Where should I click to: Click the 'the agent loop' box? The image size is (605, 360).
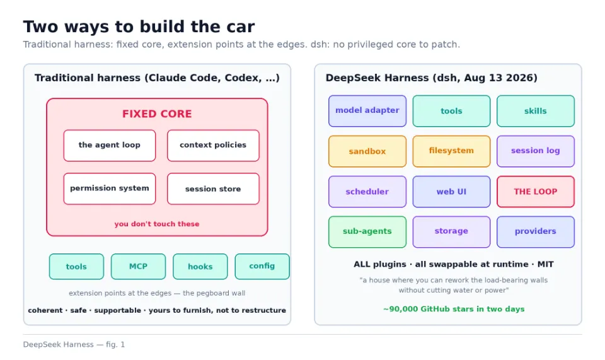coord(110,146)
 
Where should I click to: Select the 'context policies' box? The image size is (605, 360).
coord(213,146)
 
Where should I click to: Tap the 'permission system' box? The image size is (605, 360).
coord(110,189)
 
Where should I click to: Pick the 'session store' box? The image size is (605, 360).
coord(213,189)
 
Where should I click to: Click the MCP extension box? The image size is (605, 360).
coord(138,266)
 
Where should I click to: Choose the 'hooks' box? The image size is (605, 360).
coord(200,266)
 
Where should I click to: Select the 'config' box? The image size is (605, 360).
coord(262,266)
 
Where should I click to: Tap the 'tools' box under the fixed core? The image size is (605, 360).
coord(76,266)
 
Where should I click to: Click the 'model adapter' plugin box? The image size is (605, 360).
coord(367,111)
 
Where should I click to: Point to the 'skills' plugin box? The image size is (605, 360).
coord(536,111)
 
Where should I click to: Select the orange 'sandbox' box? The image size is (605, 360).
coord(367,151)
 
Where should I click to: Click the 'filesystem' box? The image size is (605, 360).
coord(451,151)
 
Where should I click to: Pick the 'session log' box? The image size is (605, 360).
coord(536,151)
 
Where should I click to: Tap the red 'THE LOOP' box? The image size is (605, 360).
coord(536,192)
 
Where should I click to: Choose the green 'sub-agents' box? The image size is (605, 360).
coord(367,232)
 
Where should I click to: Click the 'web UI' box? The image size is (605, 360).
coord(451,192)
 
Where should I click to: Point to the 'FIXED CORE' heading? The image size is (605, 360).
coord(157,114)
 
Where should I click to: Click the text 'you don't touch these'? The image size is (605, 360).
coord(157,224)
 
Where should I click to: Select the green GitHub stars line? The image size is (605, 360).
coord(454,309)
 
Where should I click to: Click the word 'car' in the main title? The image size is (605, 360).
coord(240,27)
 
